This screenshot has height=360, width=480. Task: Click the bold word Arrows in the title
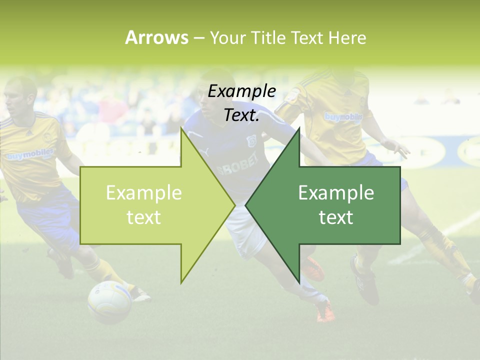pos(156,37)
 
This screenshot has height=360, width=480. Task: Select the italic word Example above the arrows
pos(242,91)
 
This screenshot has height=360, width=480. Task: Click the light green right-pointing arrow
pos(150,205)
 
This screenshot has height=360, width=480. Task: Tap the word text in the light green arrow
pos(143,217)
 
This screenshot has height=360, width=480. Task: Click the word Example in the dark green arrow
pos(336,193)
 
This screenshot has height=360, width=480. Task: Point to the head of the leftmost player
pos(21,98)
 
